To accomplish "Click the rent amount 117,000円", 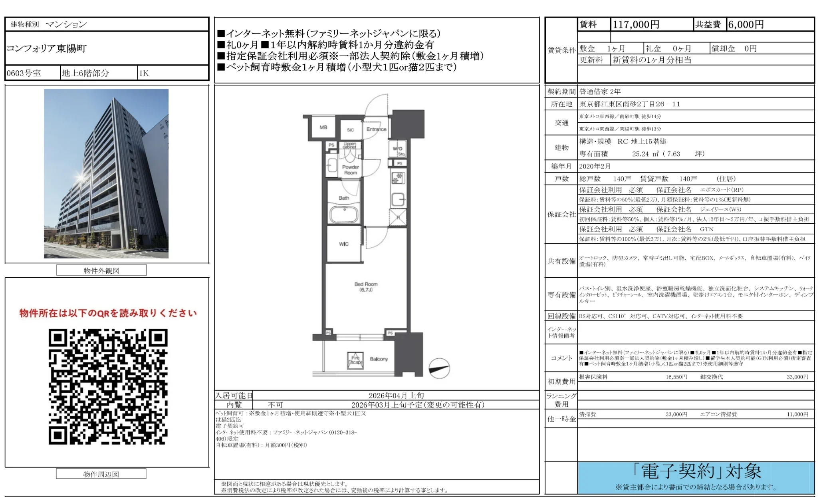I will [x=636, y=25].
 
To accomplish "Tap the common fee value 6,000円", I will [x=746, y=25].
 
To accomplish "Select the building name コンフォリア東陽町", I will [x=47, y=49].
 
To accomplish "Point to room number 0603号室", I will [x=24, y=73].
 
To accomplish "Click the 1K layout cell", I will [x=144, y=73].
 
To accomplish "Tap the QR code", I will [x=108, y=386].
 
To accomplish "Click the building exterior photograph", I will [x=106, y=173].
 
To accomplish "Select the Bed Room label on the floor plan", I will [x=366, y=286].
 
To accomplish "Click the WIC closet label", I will [x=344, y=244].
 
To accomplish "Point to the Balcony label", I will [x=379, y=359].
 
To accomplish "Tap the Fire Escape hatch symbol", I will [x=355, y=360].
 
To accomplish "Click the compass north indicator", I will [x=439, y=368].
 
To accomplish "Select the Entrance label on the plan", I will [x=376, y=129].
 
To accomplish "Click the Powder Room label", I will [x=350, y=170].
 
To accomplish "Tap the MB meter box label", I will [x=323, y=127].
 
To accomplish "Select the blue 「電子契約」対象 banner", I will [x=696, y=477].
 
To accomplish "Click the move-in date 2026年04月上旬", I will [x=396, y=396].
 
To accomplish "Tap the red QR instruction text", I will [x=108, y=313].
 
